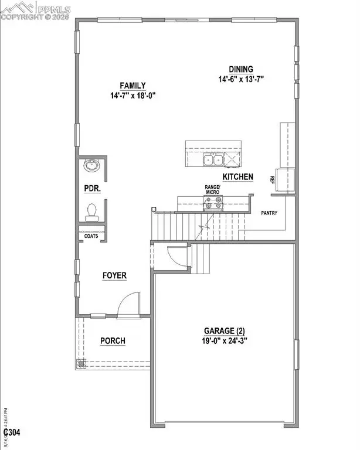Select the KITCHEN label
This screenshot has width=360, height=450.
(237, 176)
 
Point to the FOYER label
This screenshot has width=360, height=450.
(114, 275)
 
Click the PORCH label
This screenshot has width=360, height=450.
(113, 341)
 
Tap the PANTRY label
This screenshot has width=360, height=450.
(270, 214)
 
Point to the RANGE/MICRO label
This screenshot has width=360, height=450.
(212, 190)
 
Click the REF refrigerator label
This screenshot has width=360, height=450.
(273, 180)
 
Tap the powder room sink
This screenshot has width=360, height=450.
(91, 166)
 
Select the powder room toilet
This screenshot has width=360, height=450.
(91, 211)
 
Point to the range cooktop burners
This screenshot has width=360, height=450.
(212, 204)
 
